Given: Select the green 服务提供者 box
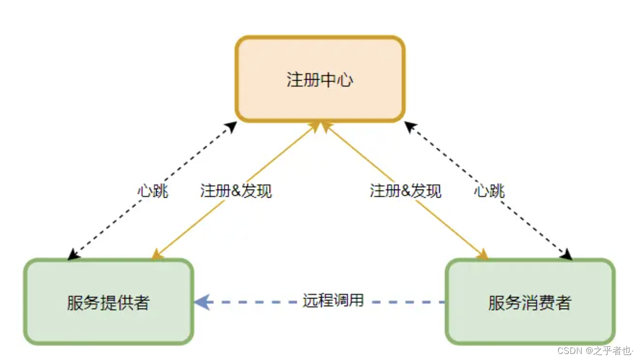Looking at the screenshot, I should tap(108, 302).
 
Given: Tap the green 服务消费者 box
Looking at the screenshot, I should tap(530, 302).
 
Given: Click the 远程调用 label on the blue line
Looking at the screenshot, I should tap(333, 301).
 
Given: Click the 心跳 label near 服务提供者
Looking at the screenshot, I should tap(153, 191).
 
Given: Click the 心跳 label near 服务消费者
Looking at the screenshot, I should tap(489, 191).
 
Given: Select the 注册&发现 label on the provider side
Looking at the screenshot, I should tap(236, 191).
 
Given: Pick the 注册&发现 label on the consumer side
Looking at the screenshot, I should tap(405, 191).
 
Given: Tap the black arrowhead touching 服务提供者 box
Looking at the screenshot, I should tap(73, 255).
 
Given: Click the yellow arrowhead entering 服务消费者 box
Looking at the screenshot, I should tap(483, 255).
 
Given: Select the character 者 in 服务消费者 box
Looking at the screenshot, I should tap(563, 302).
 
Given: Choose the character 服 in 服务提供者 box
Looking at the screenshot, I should tap(75, 302).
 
